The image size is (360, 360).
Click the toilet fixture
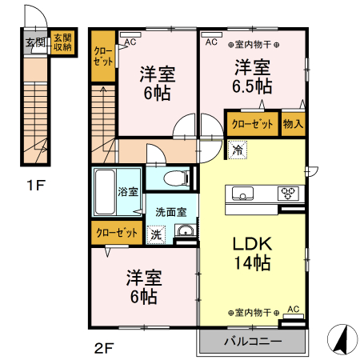coord(177,178)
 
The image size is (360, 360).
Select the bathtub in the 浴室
coord(105,192)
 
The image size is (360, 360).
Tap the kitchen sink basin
coord(242,193)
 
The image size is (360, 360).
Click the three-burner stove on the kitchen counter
coord(288,193)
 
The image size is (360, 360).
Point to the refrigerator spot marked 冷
coord(237,150)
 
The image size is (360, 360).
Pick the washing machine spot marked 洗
coord(156,234)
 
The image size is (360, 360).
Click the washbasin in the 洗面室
coord(185,230)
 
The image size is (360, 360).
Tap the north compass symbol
coord(342,339)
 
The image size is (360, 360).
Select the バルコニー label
coord(253,341)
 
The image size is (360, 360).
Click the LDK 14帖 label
coord(252,253)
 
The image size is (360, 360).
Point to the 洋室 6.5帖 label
coord(252,77)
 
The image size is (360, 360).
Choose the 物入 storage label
coord(293,124)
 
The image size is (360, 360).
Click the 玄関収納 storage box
coord(62,42)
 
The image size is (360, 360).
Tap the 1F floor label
coord(36,186)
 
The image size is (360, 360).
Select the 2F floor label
coord(104,348)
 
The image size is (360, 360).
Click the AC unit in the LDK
coord(294,317)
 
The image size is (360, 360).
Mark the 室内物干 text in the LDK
coord(254,313)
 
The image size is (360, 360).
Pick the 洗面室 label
coord(171,212)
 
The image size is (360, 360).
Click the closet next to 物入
coord(252,124)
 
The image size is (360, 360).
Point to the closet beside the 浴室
coord(117,233)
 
